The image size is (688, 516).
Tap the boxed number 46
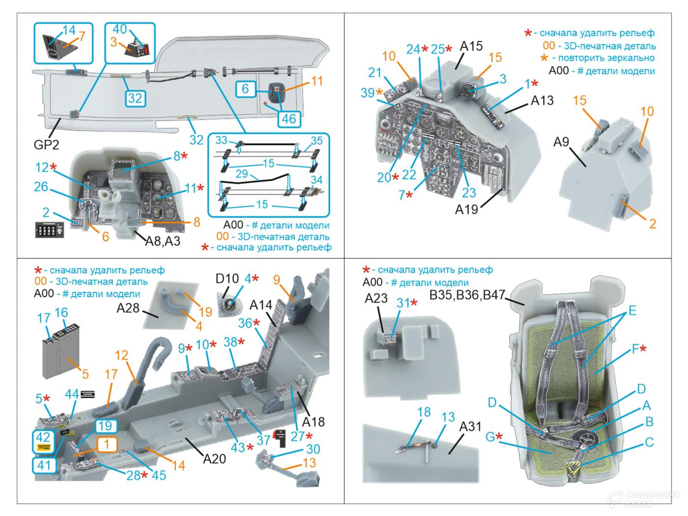pyautogui.click(x=289, y=118)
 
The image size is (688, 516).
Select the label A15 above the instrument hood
pyautogui.click(x=471, y=47)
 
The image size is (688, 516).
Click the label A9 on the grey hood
pyautogui.click(x=561, y=142)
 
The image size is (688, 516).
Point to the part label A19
pyautogui.click(x=466, y=210)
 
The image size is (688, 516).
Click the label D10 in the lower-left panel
pyautogui.click(x=227, y=279)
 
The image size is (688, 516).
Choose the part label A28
pyautogui.click(x=128, y=308)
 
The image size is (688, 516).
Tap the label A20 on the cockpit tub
pyautogui.click(x=214, y=459)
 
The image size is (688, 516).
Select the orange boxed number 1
pyautogui.click(x=108, y=444)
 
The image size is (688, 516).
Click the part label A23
pyautogui.click(x=376, y=298)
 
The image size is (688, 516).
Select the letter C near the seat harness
pyautogui.click(x=649, y=443)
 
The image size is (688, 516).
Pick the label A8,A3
pyautogui.click(x=163, y=241)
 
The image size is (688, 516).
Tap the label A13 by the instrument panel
pyautogui.click(x=542, y=101)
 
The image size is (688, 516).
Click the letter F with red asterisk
pyautogui.click(x=635, y=349)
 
